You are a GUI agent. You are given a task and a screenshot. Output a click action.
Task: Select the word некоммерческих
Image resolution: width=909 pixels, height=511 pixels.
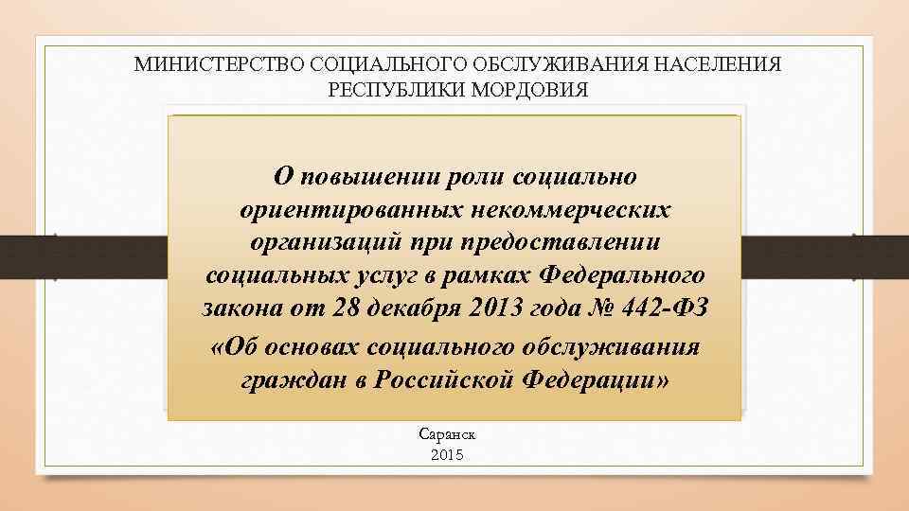566,210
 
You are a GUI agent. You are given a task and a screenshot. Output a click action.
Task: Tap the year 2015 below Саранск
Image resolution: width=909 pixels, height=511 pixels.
447,455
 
